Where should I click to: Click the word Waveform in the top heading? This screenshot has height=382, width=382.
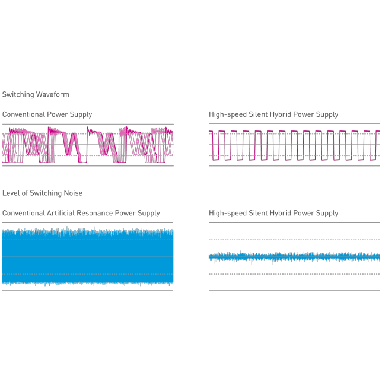pyautogui.click(x=52, y=94)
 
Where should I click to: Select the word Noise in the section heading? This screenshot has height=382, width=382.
pyautogui.click(x=74, y=193)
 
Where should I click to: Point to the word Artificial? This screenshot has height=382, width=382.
pyautogui.click(x=61, y=213)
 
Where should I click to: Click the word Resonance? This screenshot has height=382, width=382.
pyautogui.click(x=95, y=213)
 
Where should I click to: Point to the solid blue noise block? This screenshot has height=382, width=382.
pyautogui.click(x=87, y=256)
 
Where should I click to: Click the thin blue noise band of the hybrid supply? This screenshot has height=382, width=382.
pyautogui.click(x=294, y=257)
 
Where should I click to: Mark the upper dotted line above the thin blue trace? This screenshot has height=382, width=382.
pyautogui.click(x=294, y=240)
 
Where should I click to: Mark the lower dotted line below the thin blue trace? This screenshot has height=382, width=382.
pyautogui.click(x=294, y=274)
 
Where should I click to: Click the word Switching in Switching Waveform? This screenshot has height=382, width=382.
pyautogui.click(x=18, y=94)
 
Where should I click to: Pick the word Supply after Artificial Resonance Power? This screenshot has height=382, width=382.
pyautogui.click(x=148, y=213)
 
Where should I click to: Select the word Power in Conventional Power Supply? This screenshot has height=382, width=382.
pyautogui.click(x=59, y=114)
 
